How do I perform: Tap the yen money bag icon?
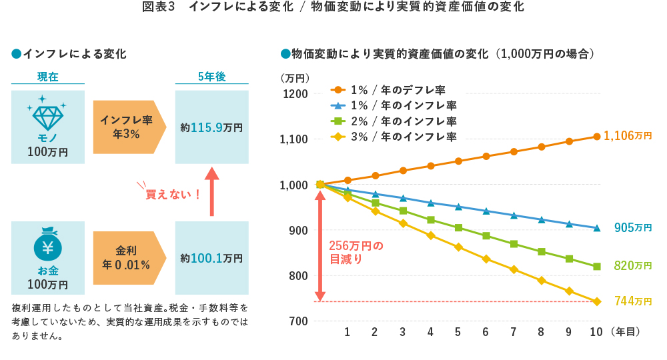(47, 246)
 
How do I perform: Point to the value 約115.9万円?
(211, 127)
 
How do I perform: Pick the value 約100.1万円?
(211, 258)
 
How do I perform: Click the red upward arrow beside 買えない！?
(211, 191)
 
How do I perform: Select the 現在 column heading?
(47, 77)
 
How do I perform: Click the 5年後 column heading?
(211, 77)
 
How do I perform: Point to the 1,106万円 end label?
(628, 136)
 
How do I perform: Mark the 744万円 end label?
(632, 301)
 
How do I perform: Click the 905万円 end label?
(632, 228)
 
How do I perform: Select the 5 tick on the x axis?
(458, 332)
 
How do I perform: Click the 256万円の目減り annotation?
(356, 253)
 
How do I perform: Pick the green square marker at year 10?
(597, 266)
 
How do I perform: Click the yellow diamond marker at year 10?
(597, 301)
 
